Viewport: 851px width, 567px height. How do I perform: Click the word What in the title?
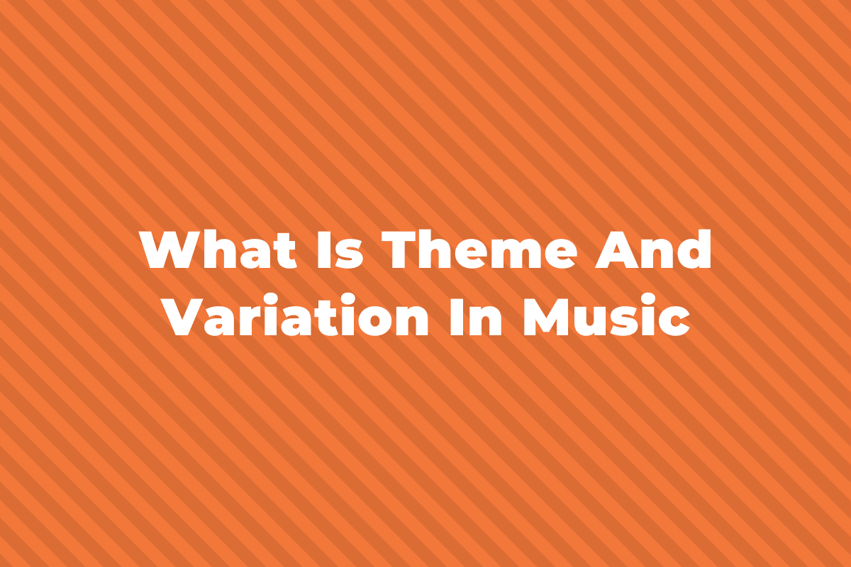click(218, 249)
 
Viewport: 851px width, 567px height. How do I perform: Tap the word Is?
click(340, 249)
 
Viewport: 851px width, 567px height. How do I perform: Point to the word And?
click(652, 249)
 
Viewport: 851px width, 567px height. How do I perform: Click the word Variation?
click(296, 315)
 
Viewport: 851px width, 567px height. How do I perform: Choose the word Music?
click(606, 315)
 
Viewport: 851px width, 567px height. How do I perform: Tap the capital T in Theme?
click(399, 249)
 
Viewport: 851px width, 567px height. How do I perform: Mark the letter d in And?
click(694, 249)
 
